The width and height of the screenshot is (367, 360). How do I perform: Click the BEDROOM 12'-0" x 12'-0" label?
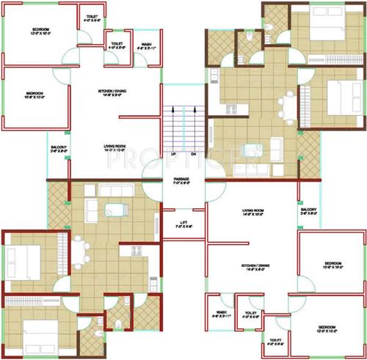click(x=30, y=31)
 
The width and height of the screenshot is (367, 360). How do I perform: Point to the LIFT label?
click(x=183, y=224)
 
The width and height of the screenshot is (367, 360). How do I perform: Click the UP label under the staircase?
click(x=173, y=155)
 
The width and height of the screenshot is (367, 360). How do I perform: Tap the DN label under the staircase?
click(x=192, y=155)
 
